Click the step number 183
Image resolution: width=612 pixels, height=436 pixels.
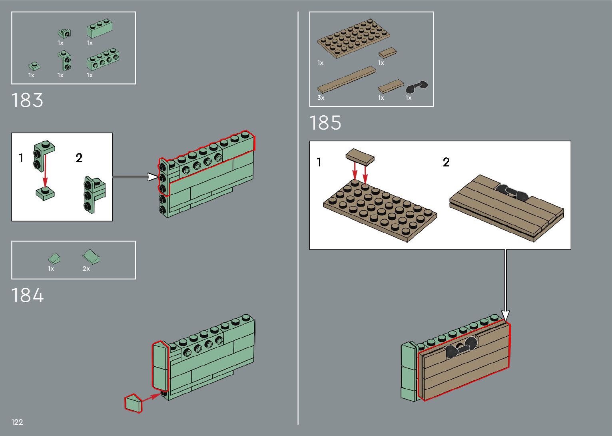(27, 100)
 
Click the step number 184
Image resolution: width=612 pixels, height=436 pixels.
(27, 295)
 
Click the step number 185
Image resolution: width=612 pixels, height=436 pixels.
(325, 123)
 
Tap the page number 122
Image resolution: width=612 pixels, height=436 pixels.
(17, 422)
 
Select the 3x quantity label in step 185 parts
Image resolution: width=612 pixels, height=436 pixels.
(321, 98)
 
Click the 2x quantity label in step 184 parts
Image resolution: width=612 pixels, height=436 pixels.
(86, 269)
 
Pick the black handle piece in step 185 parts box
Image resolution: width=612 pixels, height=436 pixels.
(417, 87)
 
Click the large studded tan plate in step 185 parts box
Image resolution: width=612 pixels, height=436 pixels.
(354, 38)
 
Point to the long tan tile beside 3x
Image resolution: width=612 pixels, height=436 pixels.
(347, 80)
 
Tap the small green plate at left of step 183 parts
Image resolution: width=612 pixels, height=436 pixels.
(33, 66)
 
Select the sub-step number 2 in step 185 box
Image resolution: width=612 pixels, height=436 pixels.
(446, 162)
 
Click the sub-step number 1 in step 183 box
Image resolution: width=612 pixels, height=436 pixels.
(21, 158)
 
